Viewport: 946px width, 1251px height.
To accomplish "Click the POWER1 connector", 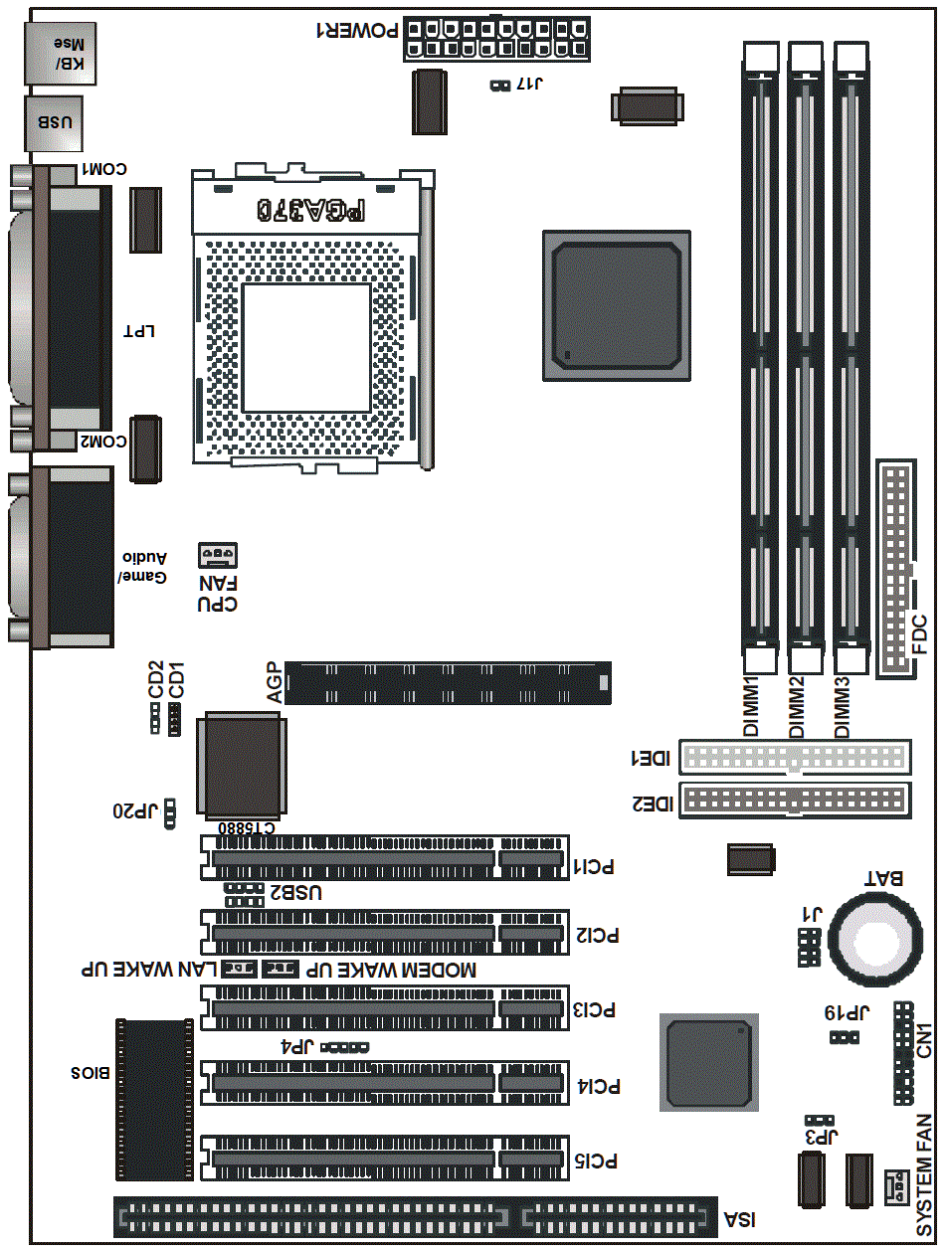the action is pos(496,38).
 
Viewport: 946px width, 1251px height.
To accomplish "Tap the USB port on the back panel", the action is pos(54,123).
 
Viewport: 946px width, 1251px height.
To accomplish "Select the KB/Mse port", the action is pos(60,53).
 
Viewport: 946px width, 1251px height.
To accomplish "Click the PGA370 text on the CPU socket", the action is pos(310,210).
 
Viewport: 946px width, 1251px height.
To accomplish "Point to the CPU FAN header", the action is pos(217,555).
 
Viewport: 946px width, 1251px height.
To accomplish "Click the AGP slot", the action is pos(448,683).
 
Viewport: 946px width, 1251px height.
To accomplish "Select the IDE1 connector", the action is pos(795,757).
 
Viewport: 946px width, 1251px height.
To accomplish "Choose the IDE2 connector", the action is pos(795,801).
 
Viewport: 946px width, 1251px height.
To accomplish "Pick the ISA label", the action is pos(740,1219).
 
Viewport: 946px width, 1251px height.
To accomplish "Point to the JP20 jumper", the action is pos(170,813).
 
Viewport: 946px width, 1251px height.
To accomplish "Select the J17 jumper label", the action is pos(529,84).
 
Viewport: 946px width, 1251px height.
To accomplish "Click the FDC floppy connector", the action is pos(896,569).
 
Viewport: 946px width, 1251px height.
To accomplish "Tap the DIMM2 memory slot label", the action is pos(796,707).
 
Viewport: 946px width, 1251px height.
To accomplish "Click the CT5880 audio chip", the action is pos(242,766).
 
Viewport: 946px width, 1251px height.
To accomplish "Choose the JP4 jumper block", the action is pos(345,1047).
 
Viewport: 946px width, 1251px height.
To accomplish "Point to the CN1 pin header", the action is pos(903,1053).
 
